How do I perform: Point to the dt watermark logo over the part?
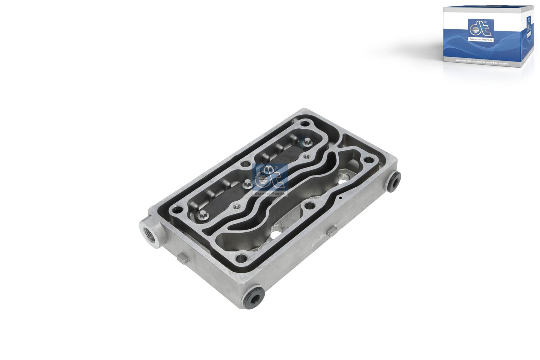(270, 179)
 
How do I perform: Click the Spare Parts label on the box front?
(481, 40)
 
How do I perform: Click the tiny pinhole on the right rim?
(341, 198)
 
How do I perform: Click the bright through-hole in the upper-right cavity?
(345, 178)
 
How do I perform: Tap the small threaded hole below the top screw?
(306, 156)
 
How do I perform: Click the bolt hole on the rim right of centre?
(309, 205)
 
